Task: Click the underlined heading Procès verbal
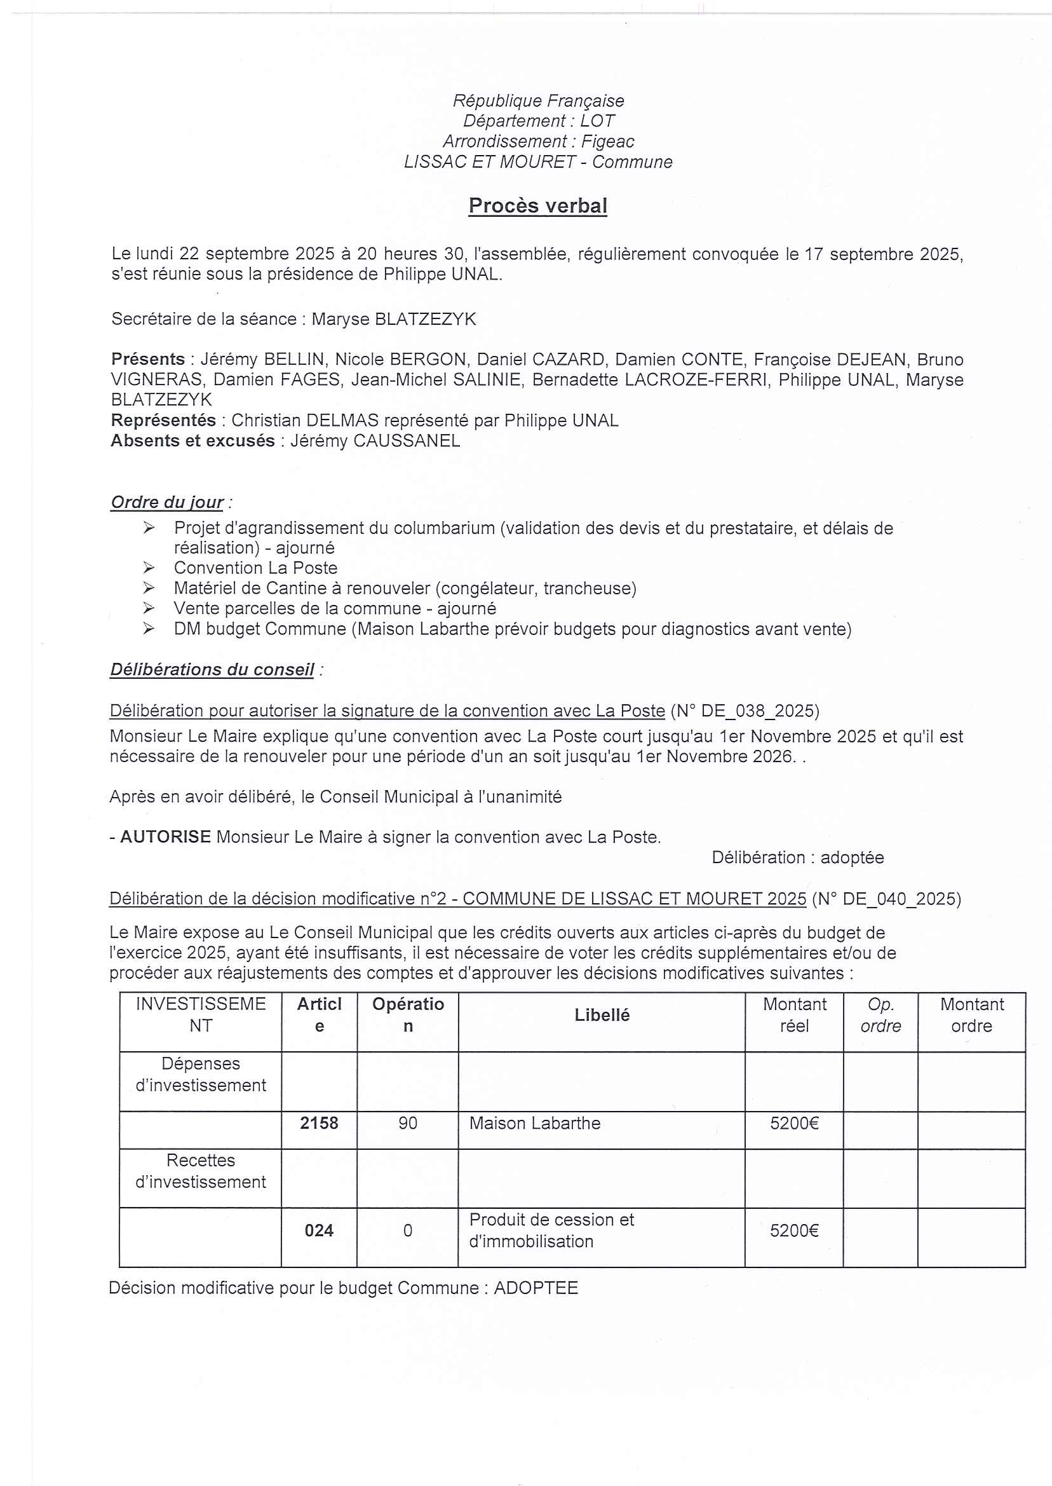[x=537, y=206]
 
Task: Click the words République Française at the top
[x=537, y=101]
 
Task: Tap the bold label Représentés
[x=163, y=421]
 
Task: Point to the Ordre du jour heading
[x=167, y=502]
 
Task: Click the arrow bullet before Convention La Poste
[x=149, y=568]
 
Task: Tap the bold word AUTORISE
[x=166, y=837]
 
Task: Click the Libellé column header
[x=602, y=1016]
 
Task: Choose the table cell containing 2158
[x=319, y=1123]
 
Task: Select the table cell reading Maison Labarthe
[x=535, y=1123]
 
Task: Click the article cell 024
[x=319, y=1230]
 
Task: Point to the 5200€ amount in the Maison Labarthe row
[x=794, y=1123]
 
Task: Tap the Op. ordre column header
[x=880, y=1016]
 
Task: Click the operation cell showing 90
[x=407, y=1123]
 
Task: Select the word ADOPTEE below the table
[x=536, y=1288]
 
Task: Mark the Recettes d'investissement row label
[x=200, y=1171]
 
